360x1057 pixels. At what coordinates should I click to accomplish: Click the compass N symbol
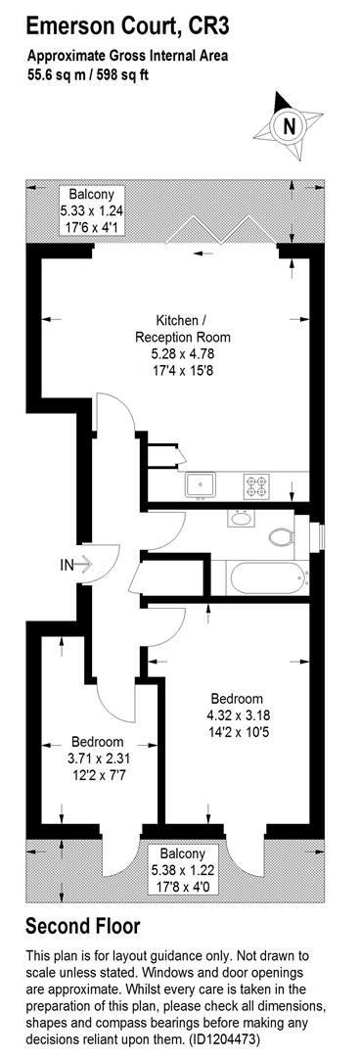[288, 125]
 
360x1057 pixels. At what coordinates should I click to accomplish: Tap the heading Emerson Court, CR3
[130, 23]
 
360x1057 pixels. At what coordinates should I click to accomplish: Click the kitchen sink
[204, 483]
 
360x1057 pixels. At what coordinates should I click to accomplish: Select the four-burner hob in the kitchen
[257, 483]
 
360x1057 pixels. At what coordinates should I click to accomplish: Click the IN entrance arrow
[78, 565]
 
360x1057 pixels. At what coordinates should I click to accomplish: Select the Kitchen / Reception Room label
[181, 329]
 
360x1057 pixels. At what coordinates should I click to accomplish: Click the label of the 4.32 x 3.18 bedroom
[237, 699]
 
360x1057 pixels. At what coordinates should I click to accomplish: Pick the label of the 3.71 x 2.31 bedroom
[96, 741]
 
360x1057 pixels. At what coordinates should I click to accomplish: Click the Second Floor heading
[82, 926]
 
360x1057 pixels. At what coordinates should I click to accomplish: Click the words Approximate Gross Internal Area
[127, 56]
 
